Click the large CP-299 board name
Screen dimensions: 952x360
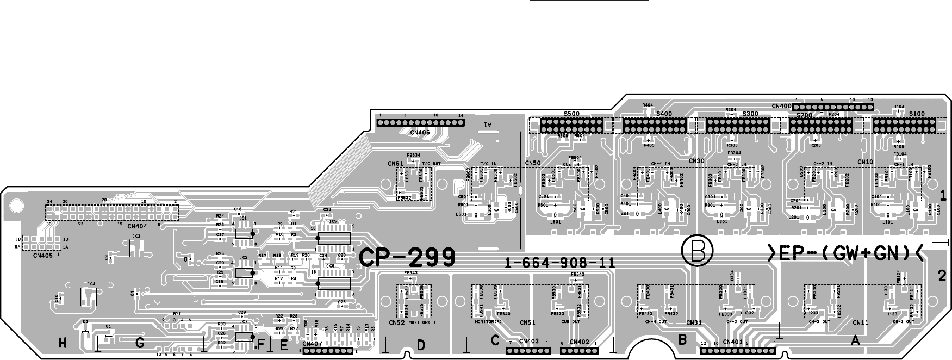click(407, 258)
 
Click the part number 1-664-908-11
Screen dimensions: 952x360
click(560, 264)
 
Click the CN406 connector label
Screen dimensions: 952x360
click(420, 132)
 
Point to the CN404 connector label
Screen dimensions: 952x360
click(137, 226)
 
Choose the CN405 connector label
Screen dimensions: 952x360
click(43, 255)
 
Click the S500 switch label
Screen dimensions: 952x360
click(571, 114)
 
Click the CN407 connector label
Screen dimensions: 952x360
click(313, 343)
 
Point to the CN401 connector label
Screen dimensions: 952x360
click(733, 342)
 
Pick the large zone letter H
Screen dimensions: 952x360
click(64, 343)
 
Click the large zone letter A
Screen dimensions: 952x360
click(855, 341)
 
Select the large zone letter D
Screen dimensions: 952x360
click(421, 345)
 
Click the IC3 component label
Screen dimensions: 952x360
click(136, 236)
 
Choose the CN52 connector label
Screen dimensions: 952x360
click(397, 322)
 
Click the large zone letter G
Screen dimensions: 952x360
click(140, 343)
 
